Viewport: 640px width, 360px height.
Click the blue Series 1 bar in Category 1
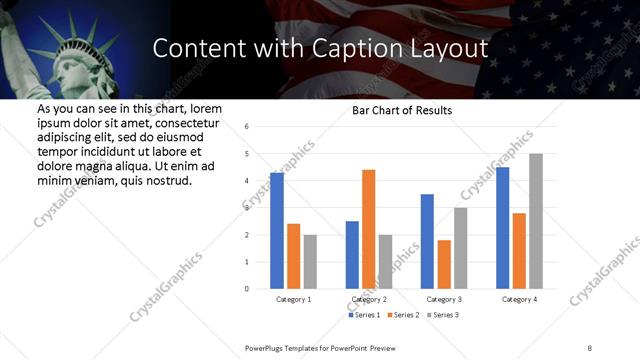click(x=277, y=231)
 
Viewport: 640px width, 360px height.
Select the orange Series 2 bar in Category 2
click(x=368, y=229)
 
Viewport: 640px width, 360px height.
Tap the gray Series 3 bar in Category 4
click(x=536, y=221)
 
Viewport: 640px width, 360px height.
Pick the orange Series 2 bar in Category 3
click(x=444, y=264)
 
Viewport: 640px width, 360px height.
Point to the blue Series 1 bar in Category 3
click(x=427, y=241)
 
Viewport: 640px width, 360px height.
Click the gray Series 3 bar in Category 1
click(x=310, y=262)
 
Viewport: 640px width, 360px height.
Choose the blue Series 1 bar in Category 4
click(x=502, y=228)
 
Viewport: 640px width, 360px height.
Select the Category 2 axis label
click(x=368, y=299)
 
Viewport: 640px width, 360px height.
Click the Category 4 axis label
click(x=519, y=299)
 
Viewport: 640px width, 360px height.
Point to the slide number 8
click(x=590, y=345)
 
